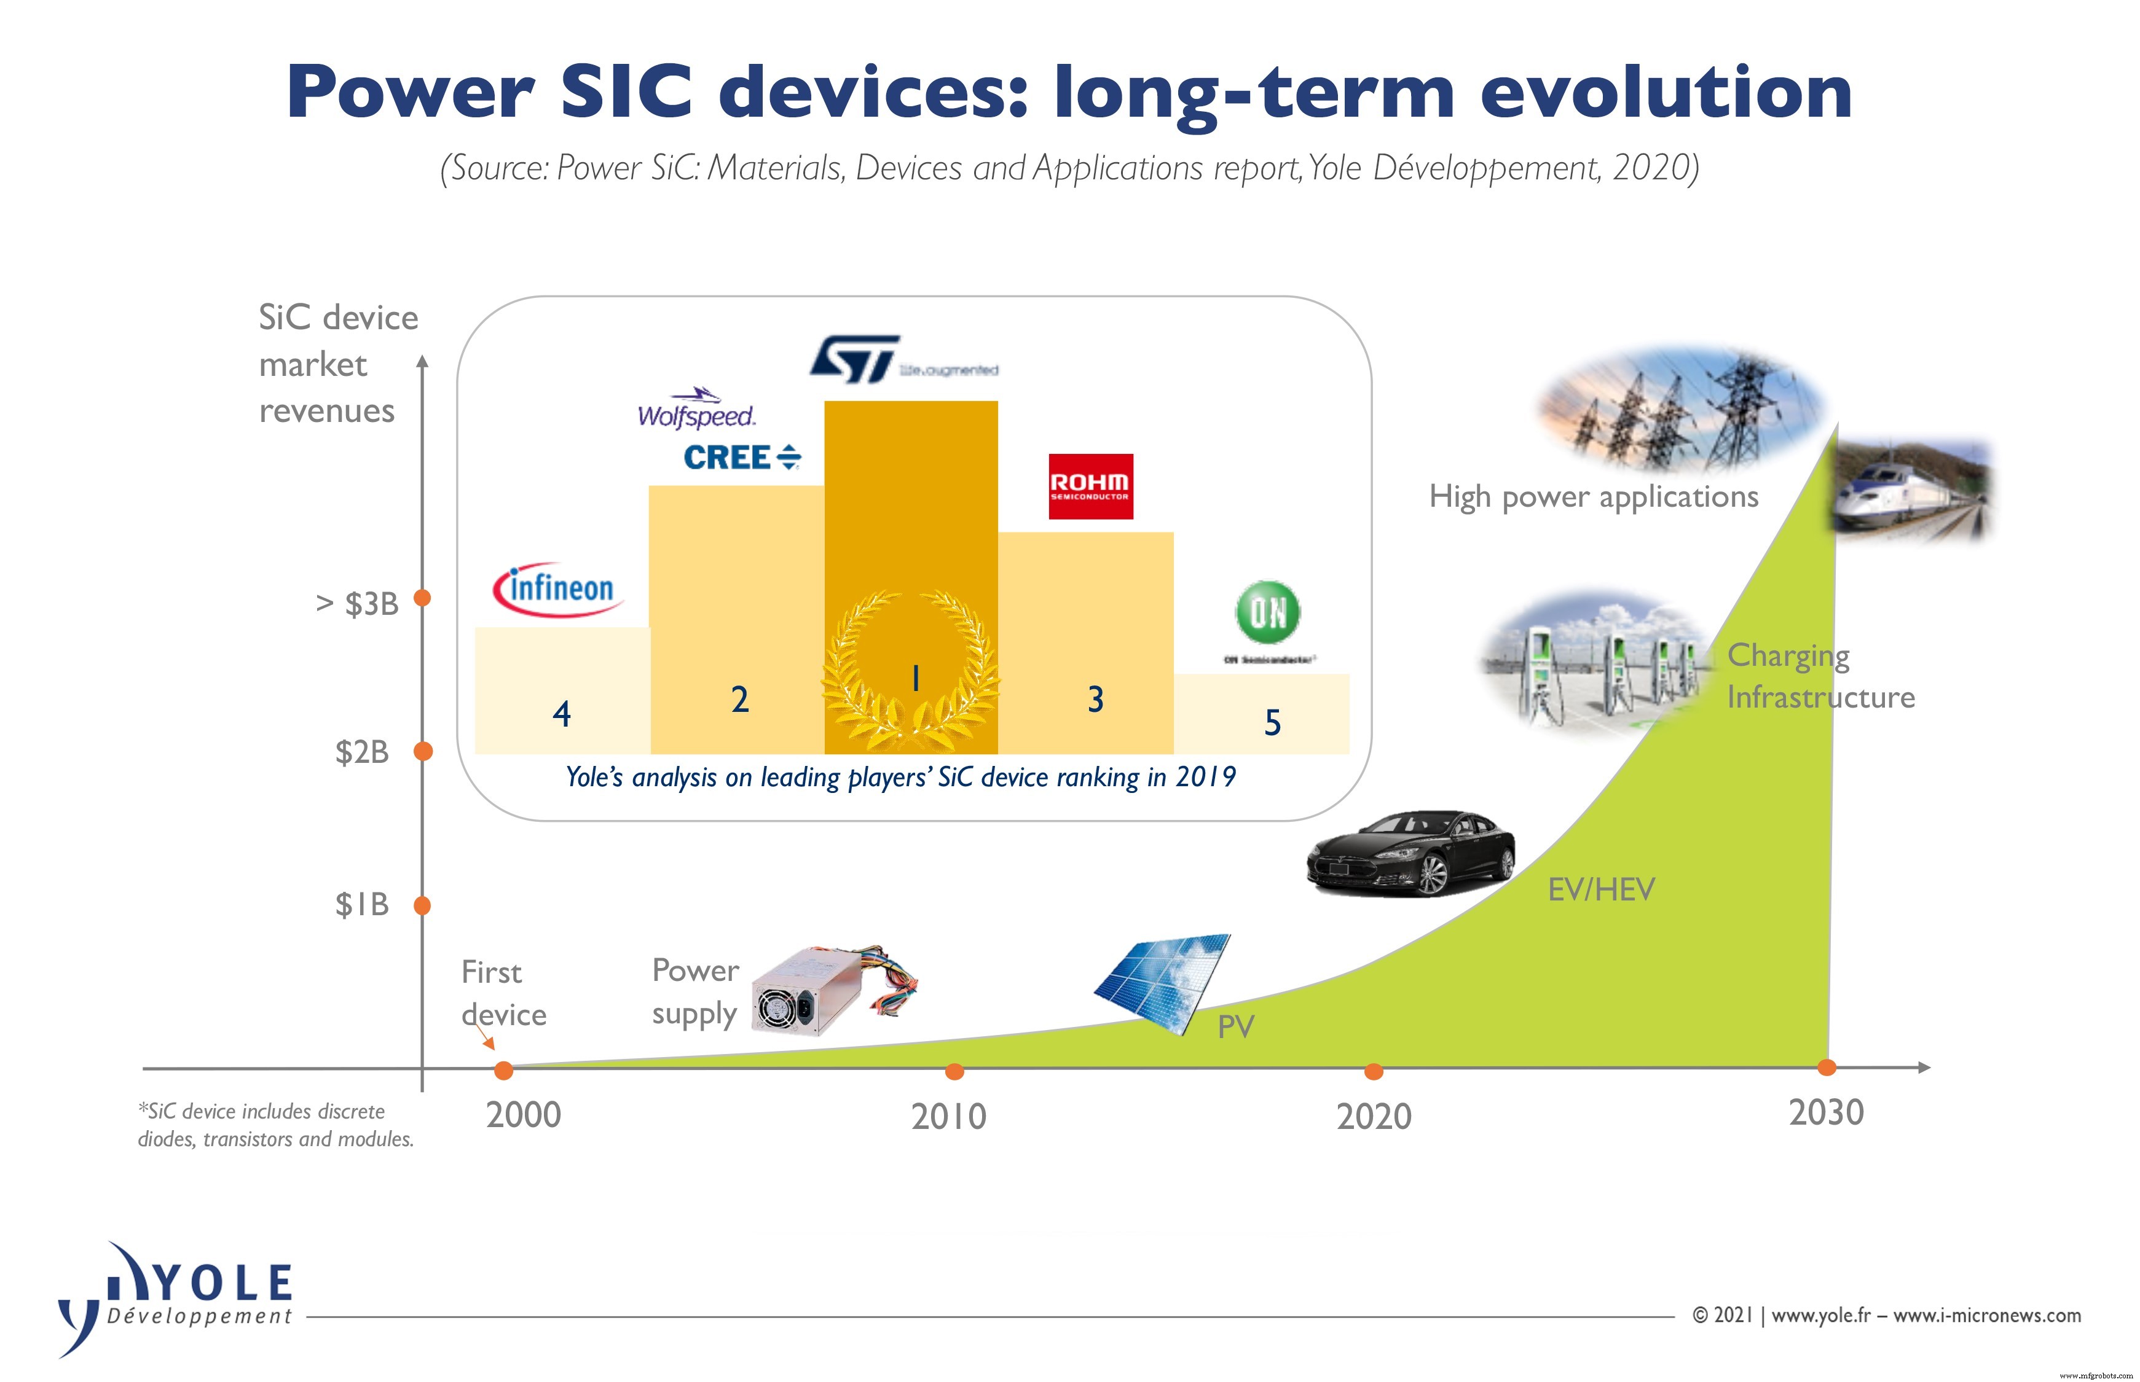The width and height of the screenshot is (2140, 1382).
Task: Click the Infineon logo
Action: (557, 590)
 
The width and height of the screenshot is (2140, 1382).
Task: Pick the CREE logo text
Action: (740, 458)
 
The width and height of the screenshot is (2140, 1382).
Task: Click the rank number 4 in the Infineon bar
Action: (562, 714)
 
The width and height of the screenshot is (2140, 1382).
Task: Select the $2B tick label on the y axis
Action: (362, 752)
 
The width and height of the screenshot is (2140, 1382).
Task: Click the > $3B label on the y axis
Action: (357, 604)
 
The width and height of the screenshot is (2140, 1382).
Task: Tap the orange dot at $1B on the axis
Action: (422, 905)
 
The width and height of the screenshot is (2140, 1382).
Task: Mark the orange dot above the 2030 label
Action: (1826, 1067)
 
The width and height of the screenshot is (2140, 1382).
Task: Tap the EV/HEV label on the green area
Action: (1600, 890)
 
